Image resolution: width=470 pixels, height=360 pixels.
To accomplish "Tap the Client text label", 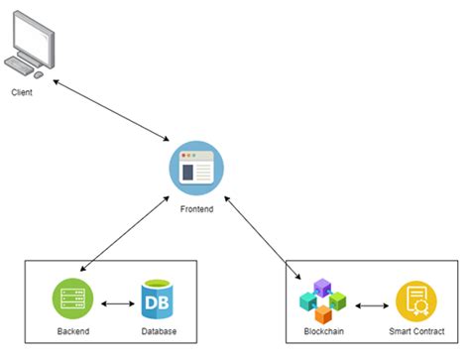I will pos(23,91).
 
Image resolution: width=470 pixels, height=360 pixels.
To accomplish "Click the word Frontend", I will pos(196,211).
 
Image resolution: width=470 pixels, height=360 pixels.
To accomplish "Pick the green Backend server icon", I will pos(72,298).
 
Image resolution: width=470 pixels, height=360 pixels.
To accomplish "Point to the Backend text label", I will pos(72,329).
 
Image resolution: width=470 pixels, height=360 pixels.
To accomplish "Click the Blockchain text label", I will pos(324,329).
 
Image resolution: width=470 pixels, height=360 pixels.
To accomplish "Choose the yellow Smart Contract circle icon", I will pos(415,300).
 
